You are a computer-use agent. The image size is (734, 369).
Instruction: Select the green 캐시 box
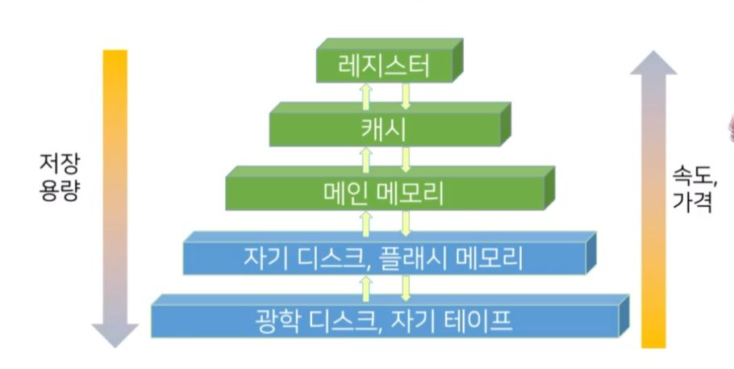click(382, 128)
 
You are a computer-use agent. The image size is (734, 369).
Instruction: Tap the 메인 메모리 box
click(382, 193)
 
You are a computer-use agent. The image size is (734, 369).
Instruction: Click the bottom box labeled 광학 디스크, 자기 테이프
click(383, 321)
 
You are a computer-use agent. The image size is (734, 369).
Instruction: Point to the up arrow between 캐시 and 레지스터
click(365, 95)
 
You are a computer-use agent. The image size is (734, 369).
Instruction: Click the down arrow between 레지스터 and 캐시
click(407, 95)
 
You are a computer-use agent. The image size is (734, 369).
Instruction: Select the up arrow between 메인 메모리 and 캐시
click(365, 159)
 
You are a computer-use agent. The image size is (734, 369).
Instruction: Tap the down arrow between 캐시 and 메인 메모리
click(407, 159)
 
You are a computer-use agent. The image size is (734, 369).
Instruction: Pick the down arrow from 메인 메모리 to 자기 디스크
click(407, 224)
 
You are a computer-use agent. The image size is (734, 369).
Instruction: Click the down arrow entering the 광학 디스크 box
click(407, 287)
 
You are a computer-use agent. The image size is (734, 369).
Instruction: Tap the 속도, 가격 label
click(692, 187)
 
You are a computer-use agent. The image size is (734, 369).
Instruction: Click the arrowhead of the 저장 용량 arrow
click(110, 333)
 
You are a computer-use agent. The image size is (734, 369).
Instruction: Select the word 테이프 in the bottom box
click(485, 321)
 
